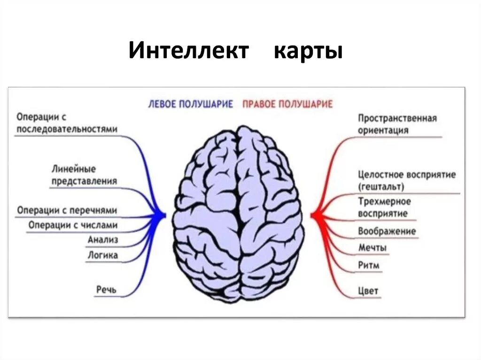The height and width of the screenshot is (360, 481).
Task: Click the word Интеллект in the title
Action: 188,51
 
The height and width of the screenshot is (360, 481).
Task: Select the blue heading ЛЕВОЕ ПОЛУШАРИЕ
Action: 190,104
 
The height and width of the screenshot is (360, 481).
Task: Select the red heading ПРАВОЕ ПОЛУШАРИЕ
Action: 287,104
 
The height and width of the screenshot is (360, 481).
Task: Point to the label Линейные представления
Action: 84,175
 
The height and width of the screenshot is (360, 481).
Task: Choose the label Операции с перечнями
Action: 67,210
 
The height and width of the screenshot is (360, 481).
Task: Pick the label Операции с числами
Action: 73,225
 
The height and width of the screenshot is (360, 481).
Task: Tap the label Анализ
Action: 102,240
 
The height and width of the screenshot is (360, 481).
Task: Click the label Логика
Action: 102,256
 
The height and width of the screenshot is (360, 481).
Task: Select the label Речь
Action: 106,290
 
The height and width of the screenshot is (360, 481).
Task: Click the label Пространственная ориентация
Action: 397,124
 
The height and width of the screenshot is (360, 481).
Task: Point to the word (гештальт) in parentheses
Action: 380,187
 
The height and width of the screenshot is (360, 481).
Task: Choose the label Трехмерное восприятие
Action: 384,207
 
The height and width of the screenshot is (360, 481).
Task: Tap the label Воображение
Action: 387,231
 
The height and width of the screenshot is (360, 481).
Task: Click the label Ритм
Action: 369,265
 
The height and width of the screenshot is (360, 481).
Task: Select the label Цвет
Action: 368,291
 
